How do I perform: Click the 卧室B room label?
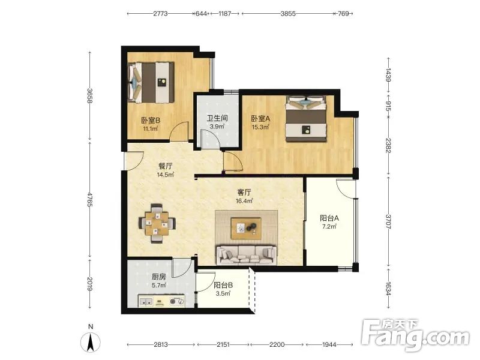coord(151,121)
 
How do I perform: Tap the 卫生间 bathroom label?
coord(217,118)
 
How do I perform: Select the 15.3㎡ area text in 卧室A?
coord(260,127)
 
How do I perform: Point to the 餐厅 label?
coord(166,166)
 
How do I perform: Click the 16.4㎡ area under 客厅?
coord(244,201)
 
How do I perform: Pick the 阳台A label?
coord(329,218)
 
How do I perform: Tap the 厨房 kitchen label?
coord(159,277)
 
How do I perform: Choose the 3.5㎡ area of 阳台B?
coord(223,293)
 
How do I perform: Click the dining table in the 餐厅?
coord(157,223)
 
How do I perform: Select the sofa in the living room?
coord(247,254)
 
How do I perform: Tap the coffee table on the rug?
coord(246,229)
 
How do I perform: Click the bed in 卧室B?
coord(151,82)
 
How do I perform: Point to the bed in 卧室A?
coord(306,118)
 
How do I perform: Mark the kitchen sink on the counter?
coord(146,302)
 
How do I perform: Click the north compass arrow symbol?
coord(91,342)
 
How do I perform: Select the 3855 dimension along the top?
coord(288,13)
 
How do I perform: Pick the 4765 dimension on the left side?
coord(89,199)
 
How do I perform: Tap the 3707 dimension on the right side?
coord(388,222)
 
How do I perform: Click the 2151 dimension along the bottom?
coord(223,344)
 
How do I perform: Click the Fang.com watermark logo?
coord(415,335)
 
